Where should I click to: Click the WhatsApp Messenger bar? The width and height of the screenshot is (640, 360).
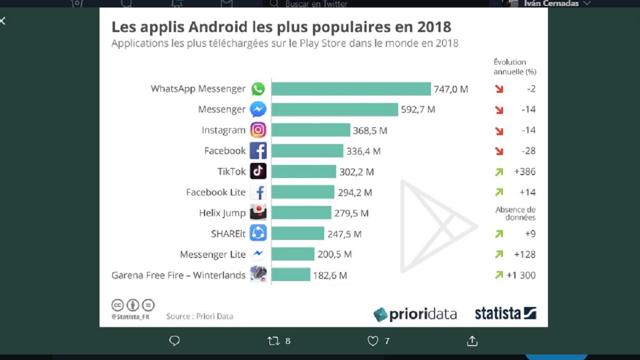(x=351, y=89)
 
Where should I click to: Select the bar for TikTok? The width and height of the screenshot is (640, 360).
(x=303, y=171)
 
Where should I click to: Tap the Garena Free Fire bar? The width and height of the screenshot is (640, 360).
(x=290, y=274)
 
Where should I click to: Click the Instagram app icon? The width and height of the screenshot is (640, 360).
(x=258, y=130)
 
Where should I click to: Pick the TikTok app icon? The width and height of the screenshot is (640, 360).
(x=258, y=171)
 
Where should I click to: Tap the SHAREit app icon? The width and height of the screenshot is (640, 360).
(x=258, y=233)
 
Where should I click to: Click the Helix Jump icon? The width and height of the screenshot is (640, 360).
(x=258, y=212)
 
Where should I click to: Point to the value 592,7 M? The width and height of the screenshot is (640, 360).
(x=418, y=109)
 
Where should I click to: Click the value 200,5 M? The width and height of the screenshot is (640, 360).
(x=334, y=254)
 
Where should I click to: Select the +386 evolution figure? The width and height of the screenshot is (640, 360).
(x=524, y=171)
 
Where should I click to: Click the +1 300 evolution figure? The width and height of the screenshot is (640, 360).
(x=521, y=275)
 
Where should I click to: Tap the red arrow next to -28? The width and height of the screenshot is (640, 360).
(x=499, y=151)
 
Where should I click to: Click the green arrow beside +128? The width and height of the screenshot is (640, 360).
(x=499, y=254)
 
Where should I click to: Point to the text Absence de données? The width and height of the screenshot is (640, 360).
(x=515, y=213)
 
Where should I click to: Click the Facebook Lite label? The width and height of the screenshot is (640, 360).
(x=216, y=192)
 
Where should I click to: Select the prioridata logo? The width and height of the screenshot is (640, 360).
(x=415, y=314)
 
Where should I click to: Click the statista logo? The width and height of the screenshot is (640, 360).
(x=505, y=313)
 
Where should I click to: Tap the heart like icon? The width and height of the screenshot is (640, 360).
(x=373, y=341)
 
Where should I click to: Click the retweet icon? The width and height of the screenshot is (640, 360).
(x=273, y=341)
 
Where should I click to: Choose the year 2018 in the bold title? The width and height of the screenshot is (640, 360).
(x=434, y=26)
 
